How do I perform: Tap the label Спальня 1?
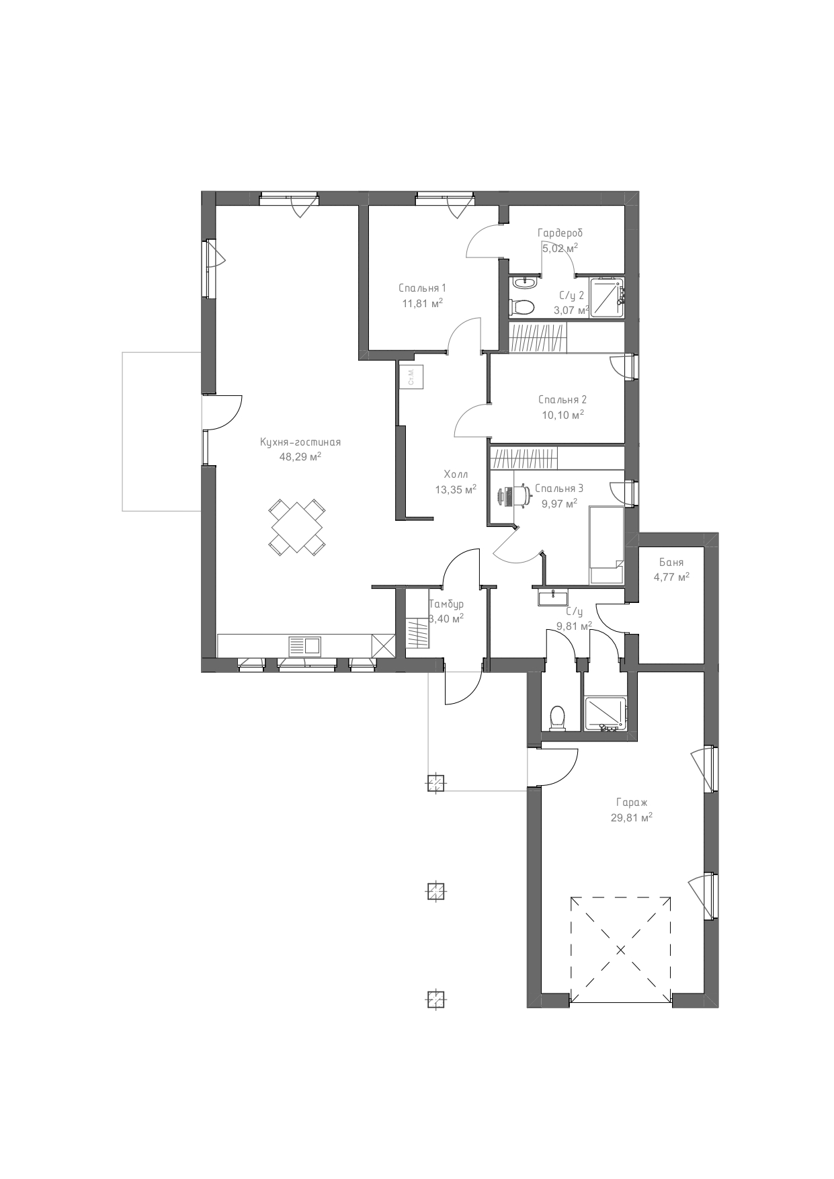422,288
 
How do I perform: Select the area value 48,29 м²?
300,456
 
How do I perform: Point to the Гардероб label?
560,233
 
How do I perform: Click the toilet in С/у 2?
522,307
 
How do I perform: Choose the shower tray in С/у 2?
608,296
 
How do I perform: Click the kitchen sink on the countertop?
305,646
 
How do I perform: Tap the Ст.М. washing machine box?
411,376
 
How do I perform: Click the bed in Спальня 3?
606,546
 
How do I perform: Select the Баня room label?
671,563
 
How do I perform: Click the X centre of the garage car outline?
620,950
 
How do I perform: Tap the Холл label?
456,474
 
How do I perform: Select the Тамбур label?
446,604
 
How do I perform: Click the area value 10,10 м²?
562,415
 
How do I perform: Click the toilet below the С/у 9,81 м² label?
558,717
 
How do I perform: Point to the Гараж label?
632,802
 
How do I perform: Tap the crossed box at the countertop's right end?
382,646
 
